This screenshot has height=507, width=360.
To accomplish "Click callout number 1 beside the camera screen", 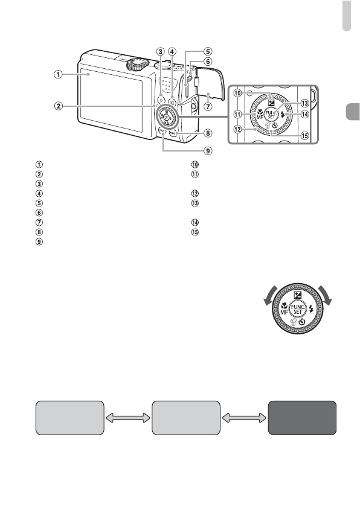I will (x=57, y=75).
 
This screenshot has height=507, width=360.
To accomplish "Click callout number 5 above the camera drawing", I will (x=208, y=51).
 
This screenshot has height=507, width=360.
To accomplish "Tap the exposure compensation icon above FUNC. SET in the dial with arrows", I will (x=297, y=295).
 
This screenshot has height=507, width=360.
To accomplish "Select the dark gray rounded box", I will (x=301, y=416).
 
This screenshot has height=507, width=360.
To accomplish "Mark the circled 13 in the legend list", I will (x=194, y=202).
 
